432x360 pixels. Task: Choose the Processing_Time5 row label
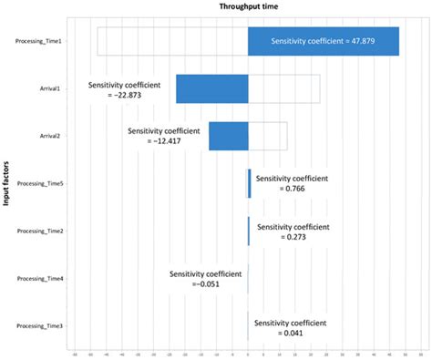pyautogui.click(x=40, y=183)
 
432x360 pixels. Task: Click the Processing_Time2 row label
pyautogui.click(x=40, y=231)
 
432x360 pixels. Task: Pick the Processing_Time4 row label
pyautogui.click(x=40, y=278)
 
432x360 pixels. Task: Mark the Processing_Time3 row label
pyautogui.click(x=40, y=325)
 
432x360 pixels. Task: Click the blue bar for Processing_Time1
pyautogui.click(x=323, y=41)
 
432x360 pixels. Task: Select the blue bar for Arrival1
pyautogui.click(x=211, y=88)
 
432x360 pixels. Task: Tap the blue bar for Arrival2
pyautogui.click(x=228, y=136)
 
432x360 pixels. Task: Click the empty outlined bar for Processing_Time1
pyautogui.click(x=172, y=41)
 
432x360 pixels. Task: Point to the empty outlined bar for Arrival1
pyautogui.click(x=283, y=88)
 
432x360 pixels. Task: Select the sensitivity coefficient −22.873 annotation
pyautogui.click(x=124, y=89)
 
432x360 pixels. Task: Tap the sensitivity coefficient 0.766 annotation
pyautogui.click(x=292, y=183)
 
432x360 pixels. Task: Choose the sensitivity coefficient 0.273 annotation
pyautogui.click(x=293, y=231)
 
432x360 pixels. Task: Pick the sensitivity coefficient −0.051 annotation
pyautogui.click(x=205, y=278)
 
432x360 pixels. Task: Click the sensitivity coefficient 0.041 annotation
pyautogui.click(x=291, y=326)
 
